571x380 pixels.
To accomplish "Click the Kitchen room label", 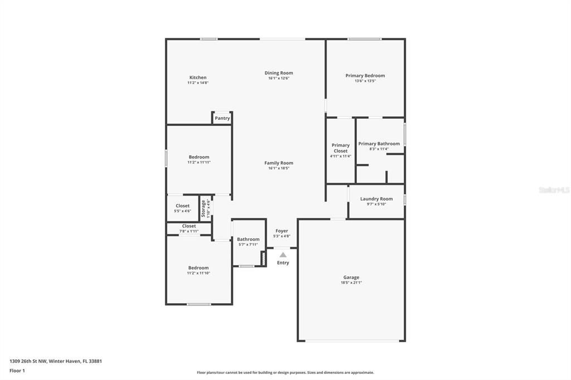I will click(198, 77).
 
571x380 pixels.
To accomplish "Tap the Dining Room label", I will click(278, 73).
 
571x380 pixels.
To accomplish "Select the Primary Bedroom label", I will click(365, 76).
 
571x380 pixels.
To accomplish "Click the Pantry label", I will click(222, 118).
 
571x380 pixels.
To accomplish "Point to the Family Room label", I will click(278, 163).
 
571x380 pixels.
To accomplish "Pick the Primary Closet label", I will click(340, 148).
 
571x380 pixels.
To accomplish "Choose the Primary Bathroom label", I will click(379, 144).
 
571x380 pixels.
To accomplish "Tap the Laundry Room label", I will click(376, 199).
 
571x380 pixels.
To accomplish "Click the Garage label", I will click(351, 277).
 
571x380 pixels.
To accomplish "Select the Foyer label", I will click(282, 231).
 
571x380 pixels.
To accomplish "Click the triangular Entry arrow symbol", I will click(283, 255).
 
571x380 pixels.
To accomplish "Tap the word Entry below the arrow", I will click(283, 263).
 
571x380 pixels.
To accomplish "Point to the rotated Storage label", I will click(204, 208).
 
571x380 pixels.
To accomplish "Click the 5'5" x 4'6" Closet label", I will click(182, 206).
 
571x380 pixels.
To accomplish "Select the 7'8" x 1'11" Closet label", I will click(189, 226).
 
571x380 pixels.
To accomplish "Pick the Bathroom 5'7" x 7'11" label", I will click(248, 240).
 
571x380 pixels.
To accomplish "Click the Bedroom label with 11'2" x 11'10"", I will click(198, 268).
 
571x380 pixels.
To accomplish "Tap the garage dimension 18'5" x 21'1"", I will click(351, 282).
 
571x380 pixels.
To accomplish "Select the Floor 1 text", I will click(18, 371).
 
